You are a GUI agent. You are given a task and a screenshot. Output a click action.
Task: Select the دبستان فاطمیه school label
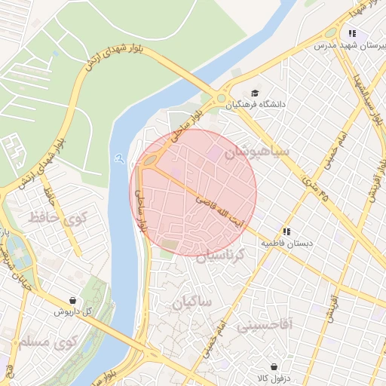[286, 244]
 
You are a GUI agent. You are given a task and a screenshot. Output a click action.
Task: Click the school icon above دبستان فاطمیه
[286, 231]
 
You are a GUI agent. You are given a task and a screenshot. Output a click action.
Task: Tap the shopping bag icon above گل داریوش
[72, 299]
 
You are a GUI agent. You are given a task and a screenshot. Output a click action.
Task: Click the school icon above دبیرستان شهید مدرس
[351, 33]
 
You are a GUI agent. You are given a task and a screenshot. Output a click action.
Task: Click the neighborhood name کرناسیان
[221, 256]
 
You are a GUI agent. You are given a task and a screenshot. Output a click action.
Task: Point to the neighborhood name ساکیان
[193, 302]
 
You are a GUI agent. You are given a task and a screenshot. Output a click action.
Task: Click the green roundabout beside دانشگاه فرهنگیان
[220, 98]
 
